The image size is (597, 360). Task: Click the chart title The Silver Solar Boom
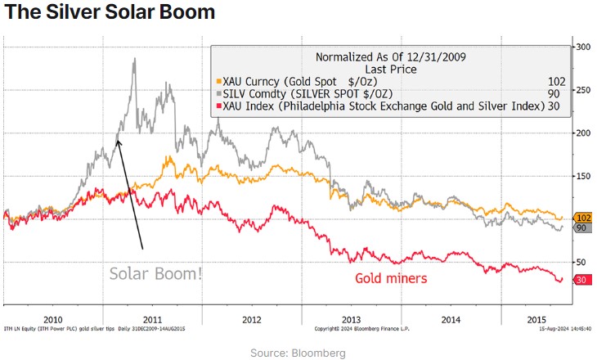[110, 12]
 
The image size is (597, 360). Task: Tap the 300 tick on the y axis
[582, 47]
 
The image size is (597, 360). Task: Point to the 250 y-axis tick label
[582, 89]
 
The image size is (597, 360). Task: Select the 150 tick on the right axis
[582, 175]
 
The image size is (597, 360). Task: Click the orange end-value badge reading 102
[582, 218]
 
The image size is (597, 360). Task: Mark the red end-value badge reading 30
[581, 279]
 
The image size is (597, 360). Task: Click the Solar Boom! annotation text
[155, 273]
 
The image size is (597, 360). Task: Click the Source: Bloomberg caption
[298, 353]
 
